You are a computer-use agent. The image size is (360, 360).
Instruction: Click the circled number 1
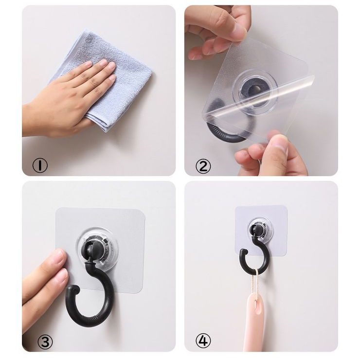[40, 165]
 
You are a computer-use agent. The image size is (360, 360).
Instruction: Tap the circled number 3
[45, 342]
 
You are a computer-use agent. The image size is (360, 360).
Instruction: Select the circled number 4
[203, 342]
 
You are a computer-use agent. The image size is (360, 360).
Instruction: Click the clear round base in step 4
[261, 230]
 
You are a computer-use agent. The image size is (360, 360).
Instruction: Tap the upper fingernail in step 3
[60, 258]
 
